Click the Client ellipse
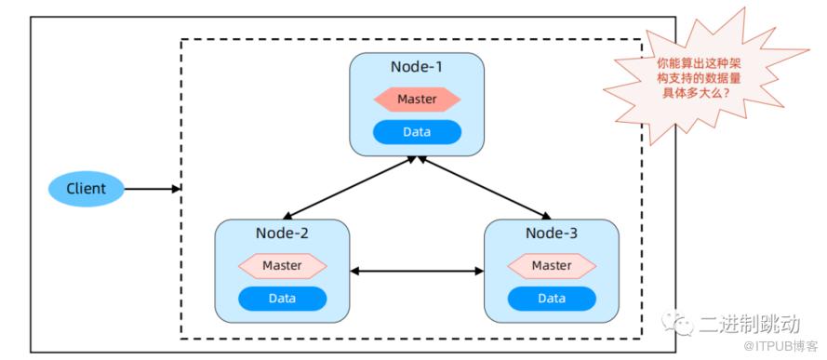click(x=86, y=189)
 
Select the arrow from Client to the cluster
click(x=153, y=189)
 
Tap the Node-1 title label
click(x=417, y=68)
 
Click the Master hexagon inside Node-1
click(x=417, y=100)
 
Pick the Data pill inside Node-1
click(x=417, y=132)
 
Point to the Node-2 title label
click(x=282, y=233)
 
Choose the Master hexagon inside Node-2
click(x=282, y=266)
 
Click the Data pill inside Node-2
click(x=282, y=299)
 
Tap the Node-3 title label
click(x=552, y=233)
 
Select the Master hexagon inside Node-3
click(x=552, y=266)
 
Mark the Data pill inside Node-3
click(x=552, y=299)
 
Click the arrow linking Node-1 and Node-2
click(x=350, y=188)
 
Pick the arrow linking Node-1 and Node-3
click(x=484, y=188)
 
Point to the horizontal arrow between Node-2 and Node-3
click(x=417, y=271)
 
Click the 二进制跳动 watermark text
click(x=750, y=324)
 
